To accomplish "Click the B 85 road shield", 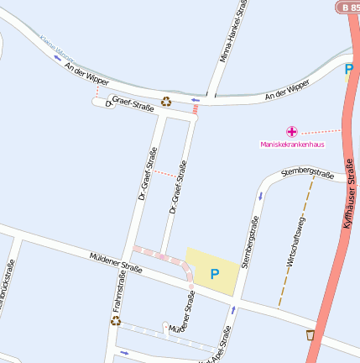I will [348, 6].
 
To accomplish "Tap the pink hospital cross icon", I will [291, 131].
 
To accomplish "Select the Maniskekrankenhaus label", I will [292, 144].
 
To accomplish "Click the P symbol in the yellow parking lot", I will [214, 274].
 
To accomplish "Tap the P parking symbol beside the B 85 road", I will [349, 69].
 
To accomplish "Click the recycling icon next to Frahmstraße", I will [116, 320].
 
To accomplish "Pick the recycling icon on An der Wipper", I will [166, 102].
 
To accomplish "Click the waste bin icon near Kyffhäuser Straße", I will [310, 335].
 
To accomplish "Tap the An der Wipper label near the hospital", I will [287, 91].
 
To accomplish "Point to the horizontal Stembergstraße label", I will [308, 172].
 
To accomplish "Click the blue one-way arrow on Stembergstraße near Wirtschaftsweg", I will [260, 195].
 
